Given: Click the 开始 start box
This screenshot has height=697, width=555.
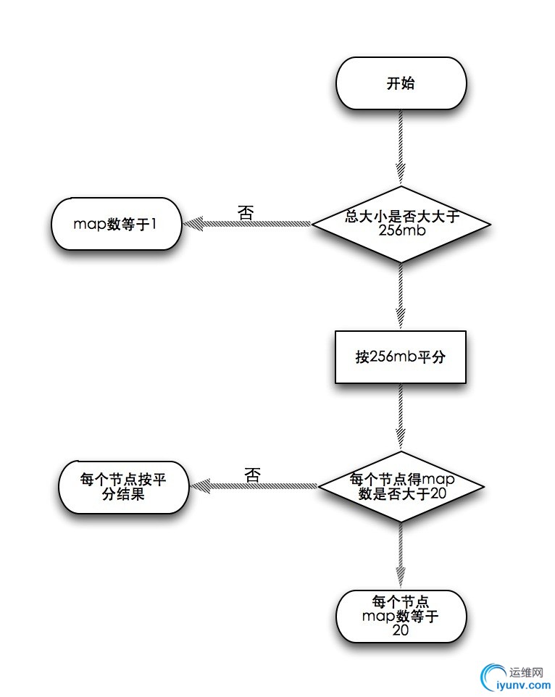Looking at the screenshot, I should [x=401, y=83].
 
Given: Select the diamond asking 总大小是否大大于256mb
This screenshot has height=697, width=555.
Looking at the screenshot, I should [x=401, y=224].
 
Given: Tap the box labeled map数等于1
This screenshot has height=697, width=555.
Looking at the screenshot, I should [x=115, y=224].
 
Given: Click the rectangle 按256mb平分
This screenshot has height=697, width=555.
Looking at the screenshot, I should [x=401, y=357].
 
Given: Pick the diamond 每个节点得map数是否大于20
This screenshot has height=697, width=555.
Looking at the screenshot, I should [x=401, y=485].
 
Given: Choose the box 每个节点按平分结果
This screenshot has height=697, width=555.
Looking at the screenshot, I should [x=122, y=486].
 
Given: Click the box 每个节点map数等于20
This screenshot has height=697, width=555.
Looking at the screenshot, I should [x=401, y=616].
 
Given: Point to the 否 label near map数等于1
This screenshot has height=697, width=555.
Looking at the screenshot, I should [x=246, y=213].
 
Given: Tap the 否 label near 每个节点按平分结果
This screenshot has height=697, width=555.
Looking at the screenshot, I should [x=252, y=475].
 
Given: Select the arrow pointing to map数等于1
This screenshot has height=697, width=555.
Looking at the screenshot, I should [x=246, y=225].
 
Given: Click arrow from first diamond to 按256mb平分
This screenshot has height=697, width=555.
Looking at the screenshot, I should [x=401, y=297].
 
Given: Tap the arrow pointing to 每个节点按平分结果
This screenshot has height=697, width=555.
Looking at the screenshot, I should [x=254, y=486].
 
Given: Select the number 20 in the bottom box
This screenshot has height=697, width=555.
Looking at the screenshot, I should [x=401, y=630].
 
